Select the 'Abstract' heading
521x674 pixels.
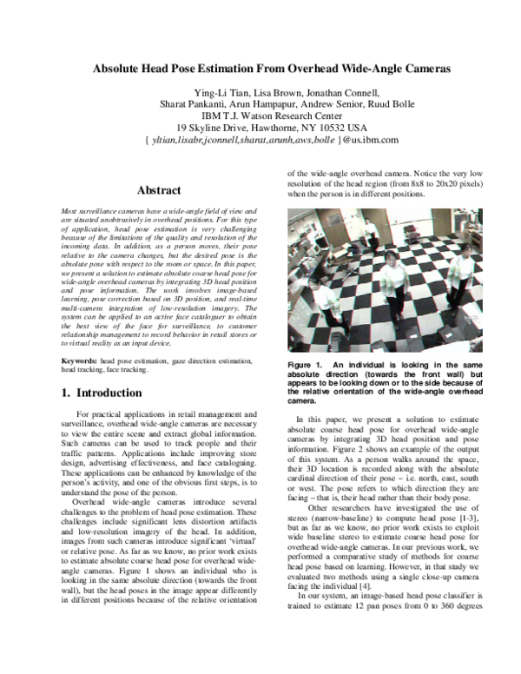159,190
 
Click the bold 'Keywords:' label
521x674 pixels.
79,360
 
